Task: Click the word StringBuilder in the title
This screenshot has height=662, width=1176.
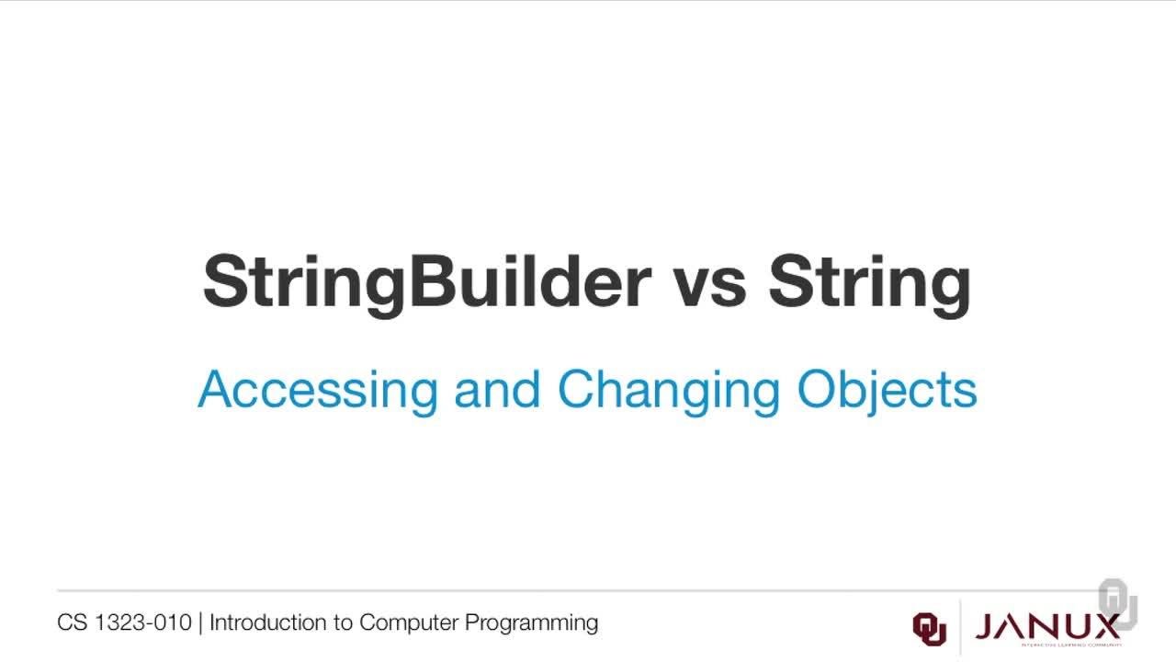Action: [426, 282]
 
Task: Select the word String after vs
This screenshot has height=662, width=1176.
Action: [869, 282]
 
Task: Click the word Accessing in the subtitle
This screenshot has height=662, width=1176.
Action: [318, 390]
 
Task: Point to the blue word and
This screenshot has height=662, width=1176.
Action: [497, 390]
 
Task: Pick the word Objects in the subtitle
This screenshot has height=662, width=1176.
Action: [887, 390]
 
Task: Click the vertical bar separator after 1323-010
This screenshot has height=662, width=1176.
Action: [200, 623]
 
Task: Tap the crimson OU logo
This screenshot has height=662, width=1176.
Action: [929, 627]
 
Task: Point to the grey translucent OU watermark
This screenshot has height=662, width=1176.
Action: [1118, 604]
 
